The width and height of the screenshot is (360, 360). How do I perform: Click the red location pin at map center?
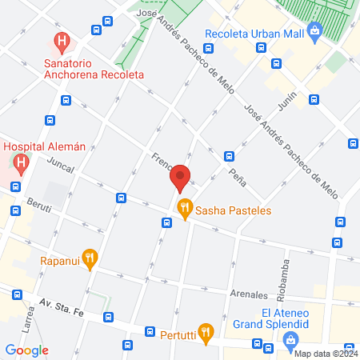tap(181, 177)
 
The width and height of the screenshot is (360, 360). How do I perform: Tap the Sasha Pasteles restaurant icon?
tap(185, 210)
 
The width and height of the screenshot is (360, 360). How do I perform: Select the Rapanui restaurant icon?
tap(90, 258)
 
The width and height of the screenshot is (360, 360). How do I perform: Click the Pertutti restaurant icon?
tap(206, 332)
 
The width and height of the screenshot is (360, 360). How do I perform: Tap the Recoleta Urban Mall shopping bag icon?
tap(314, 33)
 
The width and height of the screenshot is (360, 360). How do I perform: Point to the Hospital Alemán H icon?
tap(21, 163)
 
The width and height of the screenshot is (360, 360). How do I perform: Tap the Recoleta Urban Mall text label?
tap(254, 34)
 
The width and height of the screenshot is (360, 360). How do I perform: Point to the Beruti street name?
tap(38, 208)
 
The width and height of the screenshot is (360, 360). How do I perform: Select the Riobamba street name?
tap(286, 277)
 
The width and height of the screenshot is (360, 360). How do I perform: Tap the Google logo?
tap(27, 350)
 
